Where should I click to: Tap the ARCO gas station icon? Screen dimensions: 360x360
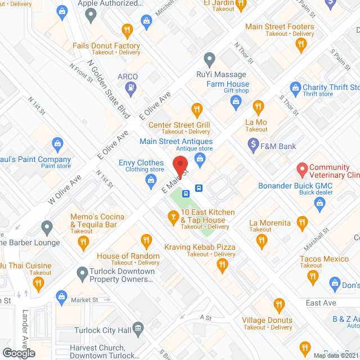click(131, 87)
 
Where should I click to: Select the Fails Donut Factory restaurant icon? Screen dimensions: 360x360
click(128, 30)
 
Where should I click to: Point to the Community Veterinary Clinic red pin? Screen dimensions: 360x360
click(301, 168)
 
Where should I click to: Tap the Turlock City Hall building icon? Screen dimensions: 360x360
click(138, 328)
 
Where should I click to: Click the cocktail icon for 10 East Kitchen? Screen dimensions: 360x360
click(174, 215)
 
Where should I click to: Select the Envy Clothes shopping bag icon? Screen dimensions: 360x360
click(150, 181)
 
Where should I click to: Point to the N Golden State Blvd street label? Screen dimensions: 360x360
click(109, 88)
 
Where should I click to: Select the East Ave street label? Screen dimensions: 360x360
click(321, 303)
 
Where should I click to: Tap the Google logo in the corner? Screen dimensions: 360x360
click(18, 353)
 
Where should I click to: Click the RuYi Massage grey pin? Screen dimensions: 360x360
click(209, 58)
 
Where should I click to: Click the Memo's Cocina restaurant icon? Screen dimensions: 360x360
click(83, 242)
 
